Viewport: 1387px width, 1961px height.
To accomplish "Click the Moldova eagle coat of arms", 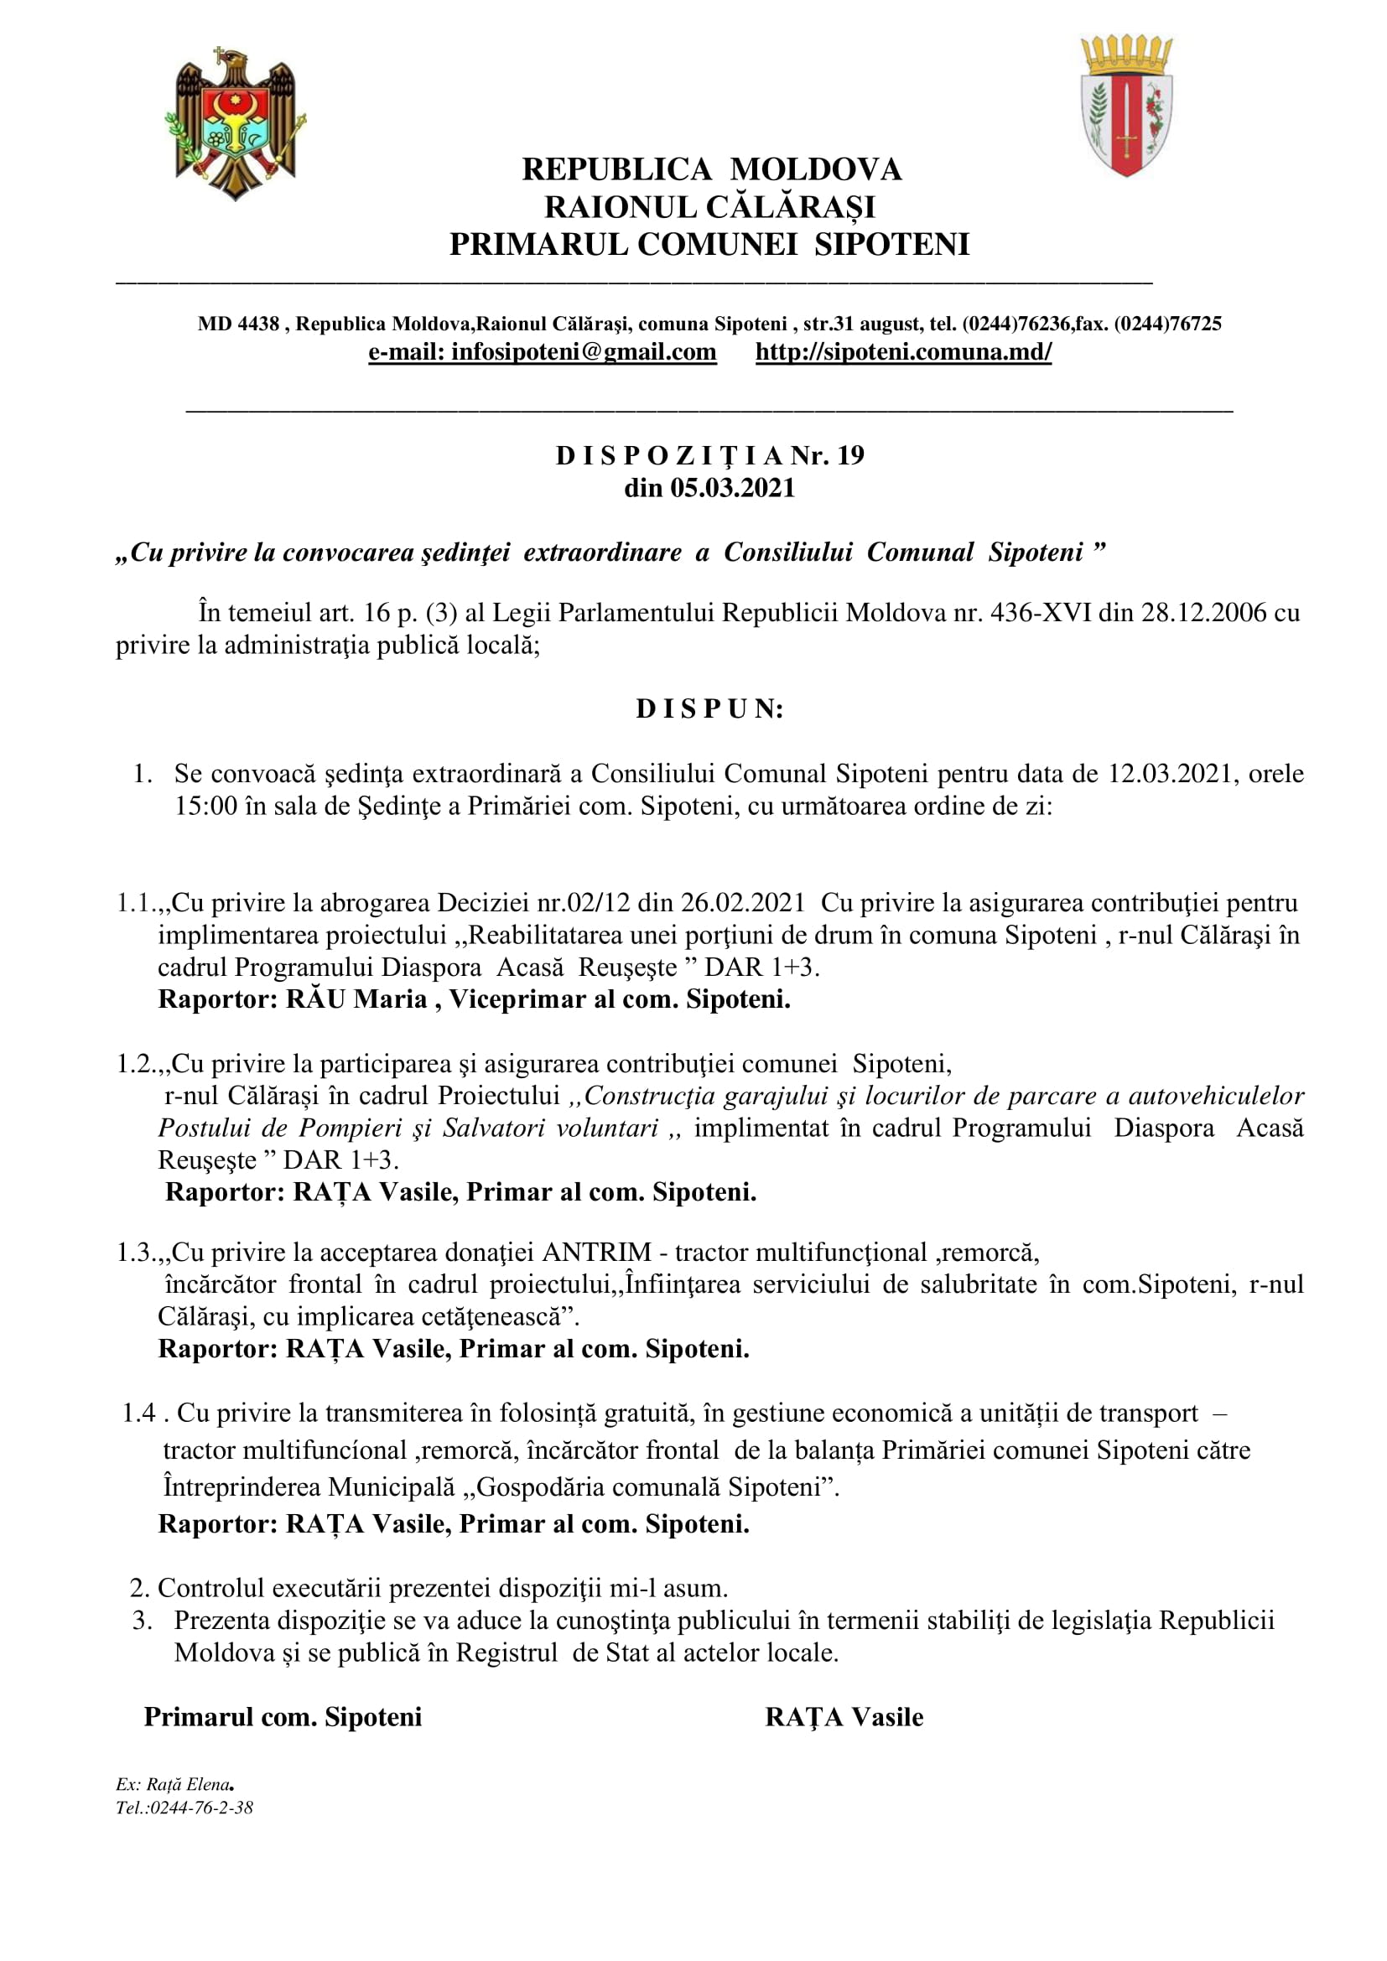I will point(235,123).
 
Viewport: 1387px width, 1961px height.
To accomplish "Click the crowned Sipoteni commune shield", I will point(1126,106).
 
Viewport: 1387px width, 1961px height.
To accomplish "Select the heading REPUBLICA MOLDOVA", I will point(711,169).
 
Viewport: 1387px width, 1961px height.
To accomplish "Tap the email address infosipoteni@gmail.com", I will point(543,352).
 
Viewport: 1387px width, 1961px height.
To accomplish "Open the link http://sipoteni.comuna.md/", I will point(904,352).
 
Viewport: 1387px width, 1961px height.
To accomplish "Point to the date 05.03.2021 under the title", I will point(732,488).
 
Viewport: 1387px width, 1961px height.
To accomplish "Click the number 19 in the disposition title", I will point(850,455).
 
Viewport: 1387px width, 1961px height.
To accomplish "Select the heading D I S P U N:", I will point(709,709).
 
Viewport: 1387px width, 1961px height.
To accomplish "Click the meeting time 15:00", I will point(205,807).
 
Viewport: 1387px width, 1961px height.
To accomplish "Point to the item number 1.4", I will point(138,1414).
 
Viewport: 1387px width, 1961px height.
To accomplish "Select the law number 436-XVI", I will point(1040,613).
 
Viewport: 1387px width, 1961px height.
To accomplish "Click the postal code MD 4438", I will point(238,324).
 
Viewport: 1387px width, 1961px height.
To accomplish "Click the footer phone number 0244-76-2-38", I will point(201,1808).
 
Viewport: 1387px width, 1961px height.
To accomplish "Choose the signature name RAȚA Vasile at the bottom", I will point(844,1718).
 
